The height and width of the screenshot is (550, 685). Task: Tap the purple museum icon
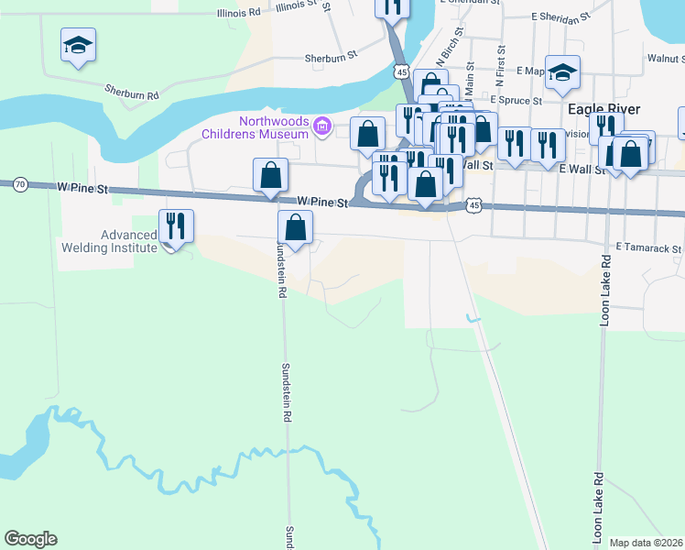[321, 126]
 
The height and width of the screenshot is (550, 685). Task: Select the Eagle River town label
[603, 108]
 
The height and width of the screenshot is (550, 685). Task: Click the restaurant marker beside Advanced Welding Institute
[175, 225]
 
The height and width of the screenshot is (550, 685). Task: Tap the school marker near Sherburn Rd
[79, 44]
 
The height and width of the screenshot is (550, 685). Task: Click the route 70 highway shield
[21, 184]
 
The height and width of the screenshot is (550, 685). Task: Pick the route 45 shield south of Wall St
[473, 205]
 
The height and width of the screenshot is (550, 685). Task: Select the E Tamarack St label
[648, 247]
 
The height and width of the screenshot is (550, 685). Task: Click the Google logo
[30, 539]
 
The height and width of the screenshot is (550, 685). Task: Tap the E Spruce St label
[516, 100]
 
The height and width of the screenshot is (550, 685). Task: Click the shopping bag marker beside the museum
[367, 133]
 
